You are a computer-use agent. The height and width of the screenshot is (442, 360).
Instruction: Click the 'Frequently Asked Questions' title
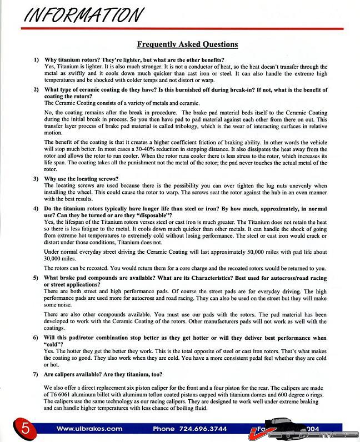pyautogui.click(x=187, y=44)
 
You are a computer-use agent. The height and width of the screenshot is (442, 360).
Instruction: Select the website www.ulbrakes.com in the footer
pyautogui.click(x=89, y=429)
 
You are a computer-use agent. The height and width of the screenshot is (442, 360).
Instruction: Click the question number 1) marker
pyautogui.click(x=36, y=59)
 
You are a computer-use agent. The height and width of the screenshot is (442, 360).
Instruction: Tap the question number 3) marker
pyautogui.click(x=36, y=179)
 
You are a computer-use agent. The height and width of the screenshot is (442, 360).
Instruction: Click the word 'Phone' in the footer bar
pyautogui.click(x=164, y=429)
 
